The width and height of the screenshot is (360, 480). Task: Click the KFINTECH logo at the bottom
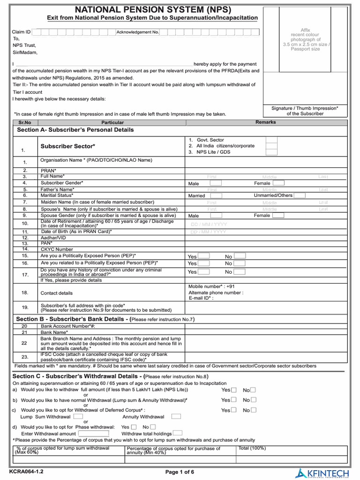point(323,472)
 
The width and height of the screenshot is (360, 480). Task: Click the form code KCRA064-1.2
point(26,471)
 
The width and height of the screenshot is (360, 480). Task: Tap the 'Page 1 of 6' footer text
point(180,472)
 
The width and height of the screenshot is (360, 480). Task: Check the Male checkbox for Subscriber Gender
point(216,183)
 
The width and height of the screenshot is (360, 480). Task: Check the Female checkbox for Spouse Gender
point(278,216)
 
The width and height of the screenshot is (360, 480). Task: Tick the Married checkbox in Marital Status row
point(216,195)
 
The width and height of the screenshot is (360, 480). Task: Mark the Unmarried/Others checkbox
point(300,195)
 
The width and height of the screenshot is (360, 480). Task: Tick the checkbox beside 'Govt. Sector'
point(271,140)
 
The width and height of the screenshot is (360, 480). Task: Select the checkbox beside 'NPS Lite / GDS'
point(271,152)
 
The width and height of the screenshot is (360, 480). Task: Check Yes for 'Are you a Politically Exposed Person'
point(204,256)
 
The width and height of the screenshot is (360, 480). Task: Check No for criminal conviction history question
point(240,272)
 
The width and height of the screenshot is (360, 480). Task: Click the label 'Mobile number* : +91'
point(211,286)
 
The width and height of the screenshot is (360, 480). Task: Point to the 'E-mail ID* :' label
point(201,298)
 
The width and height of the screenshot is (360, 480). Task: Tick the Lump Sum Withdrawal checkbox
point(78,416)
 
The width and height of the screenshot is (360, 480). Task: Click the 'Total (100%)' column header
point(252,448)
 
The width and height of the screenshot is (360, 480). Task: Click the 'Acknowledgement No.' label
point(138,32)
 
